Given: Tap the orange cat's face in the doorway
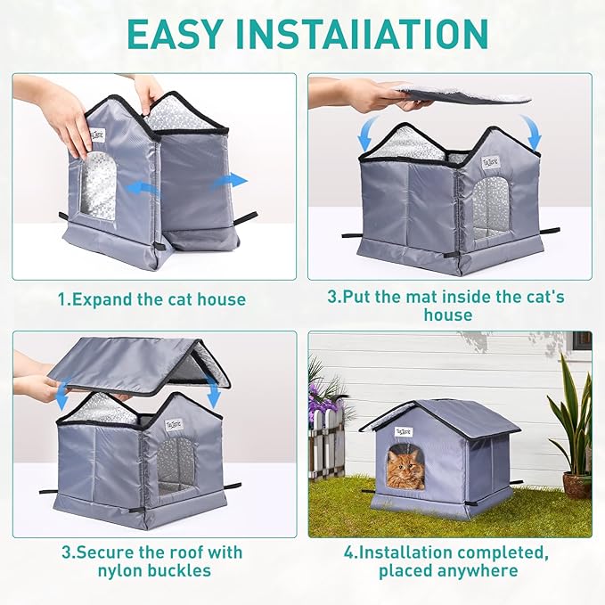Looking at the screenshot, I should tap(405, 469).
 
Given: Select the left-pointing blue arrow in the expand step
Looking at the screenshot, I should tap(143, 188).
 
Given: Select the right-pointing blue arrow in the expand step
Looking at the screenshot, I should tap(230, 181).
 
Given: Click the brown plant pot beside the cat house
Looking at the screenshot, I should tap(576, 485).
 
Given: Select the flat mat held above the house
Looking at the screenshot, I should tap(463, 94).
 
